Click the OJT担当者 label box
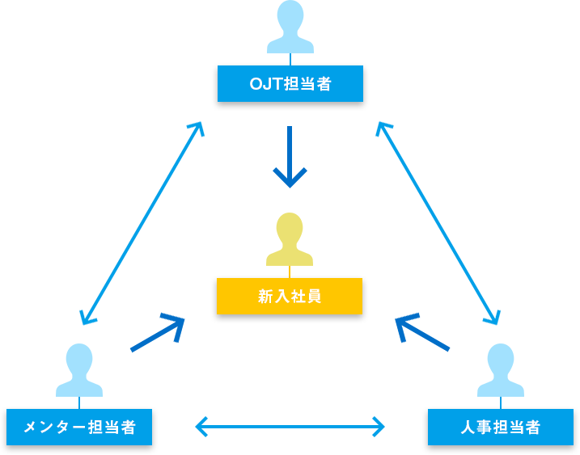point(290,83)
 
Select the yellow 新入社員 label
point(289,296)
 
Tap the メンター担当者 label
point(78,427)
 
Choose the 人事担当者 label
point(500,427)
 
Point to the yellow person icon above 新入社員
point(290,230)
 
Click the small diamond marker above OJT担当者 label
point(290,57)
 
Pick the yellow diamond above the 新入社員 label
point(289,270)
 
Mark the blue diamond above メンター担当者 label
point(78,402)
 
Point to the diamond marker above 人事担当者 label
point(500,402)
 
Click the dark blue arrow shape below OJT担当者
point(290,162)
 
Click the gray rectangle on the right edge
point(553,129)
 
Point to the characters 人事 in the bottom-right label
point(476,427)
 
